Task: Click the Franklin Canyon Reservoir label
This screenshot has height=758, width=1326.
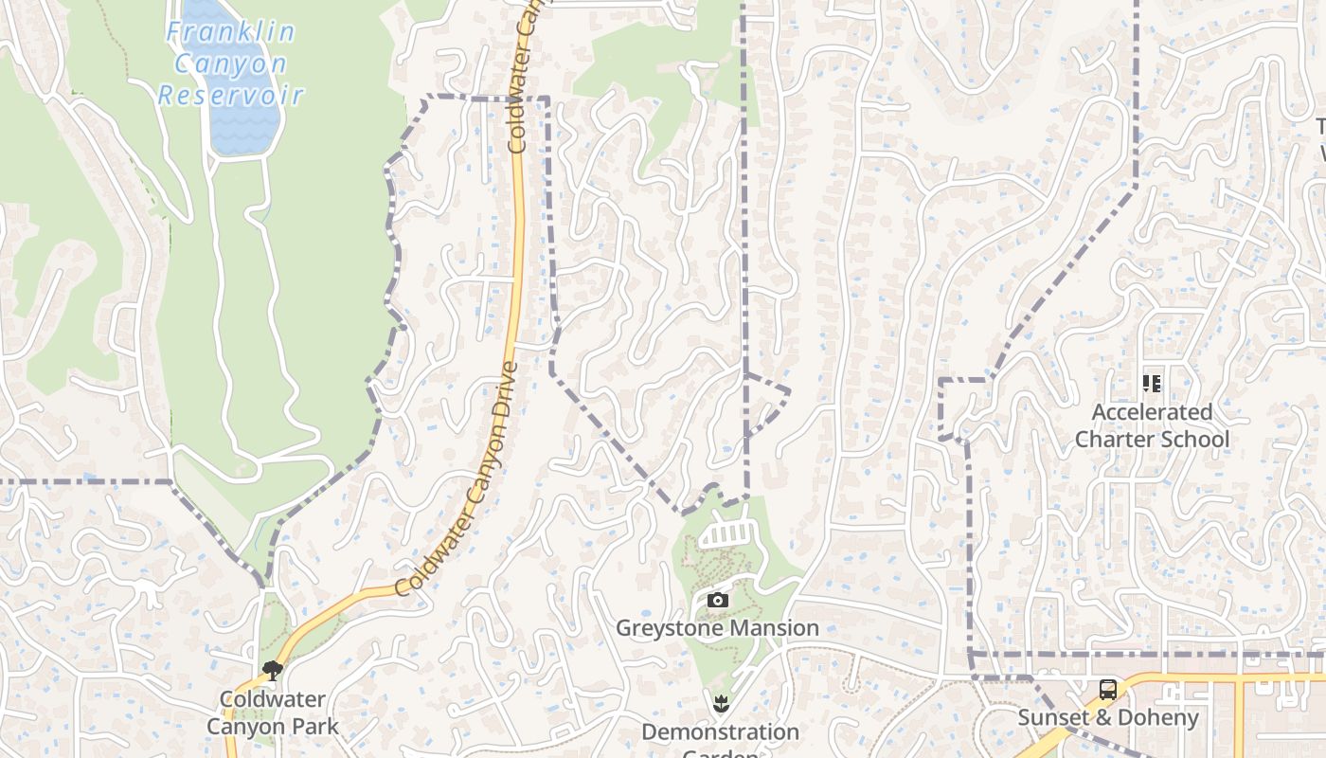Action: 230,63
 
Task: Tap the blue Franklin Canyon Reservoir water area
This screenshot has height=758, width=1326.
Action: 244,128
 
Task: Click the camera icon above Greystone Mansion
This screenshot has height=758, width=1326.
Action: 718,601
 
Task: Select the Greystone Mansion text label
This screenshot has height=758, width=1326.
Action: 717,628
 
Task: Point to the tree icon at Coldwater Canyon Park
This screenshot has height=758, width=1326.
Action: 273,671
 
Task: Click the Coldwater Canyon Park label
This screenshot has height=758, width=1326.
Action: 273,713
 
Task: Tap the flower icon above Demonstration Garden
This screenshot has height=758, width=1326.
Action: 721,703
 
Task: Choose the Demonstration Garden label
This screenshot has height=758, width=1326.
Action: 720,732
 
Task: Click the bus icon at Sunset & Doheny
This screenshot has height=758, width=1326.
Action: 1107,689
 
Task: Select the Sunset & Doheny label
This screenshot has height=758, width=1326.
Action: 1107,717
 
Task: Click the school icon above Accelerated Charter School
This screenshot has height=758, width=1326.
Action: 1152,384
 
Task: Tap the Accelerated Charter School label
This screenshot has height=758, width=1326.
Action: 1152,425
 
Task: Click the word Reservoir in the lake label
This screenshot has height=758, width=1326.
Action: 230,95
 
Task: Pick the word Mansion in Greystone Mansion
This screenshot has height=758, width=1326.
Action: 773,628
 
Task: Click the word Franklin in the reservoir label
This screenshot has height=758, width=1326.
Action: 230,32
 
